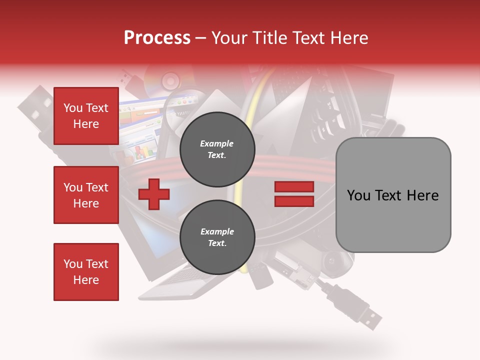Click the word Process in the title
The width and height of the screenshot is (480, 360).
point(157,37)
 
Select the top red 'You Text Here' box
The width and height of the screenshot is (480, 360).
point(86,116)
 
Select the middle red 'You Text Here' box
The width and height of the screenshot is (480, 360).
point(86,195)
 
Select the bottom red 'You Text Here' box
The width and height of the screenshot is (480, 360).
point(86,271)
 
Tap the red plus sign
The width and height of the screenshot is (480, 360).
point(153,194)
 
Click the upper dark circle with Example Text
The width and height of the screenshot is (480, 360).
point(217,149)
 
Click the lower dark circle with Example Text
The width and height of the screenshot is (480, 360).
point(217,237)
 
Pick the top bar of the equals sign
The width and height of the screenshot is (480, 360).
point(294,187)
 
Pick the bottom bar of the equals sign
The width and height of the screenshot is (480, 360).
point(294,201)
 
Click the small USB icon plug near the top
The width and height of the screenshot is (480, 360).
point(127,77)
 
